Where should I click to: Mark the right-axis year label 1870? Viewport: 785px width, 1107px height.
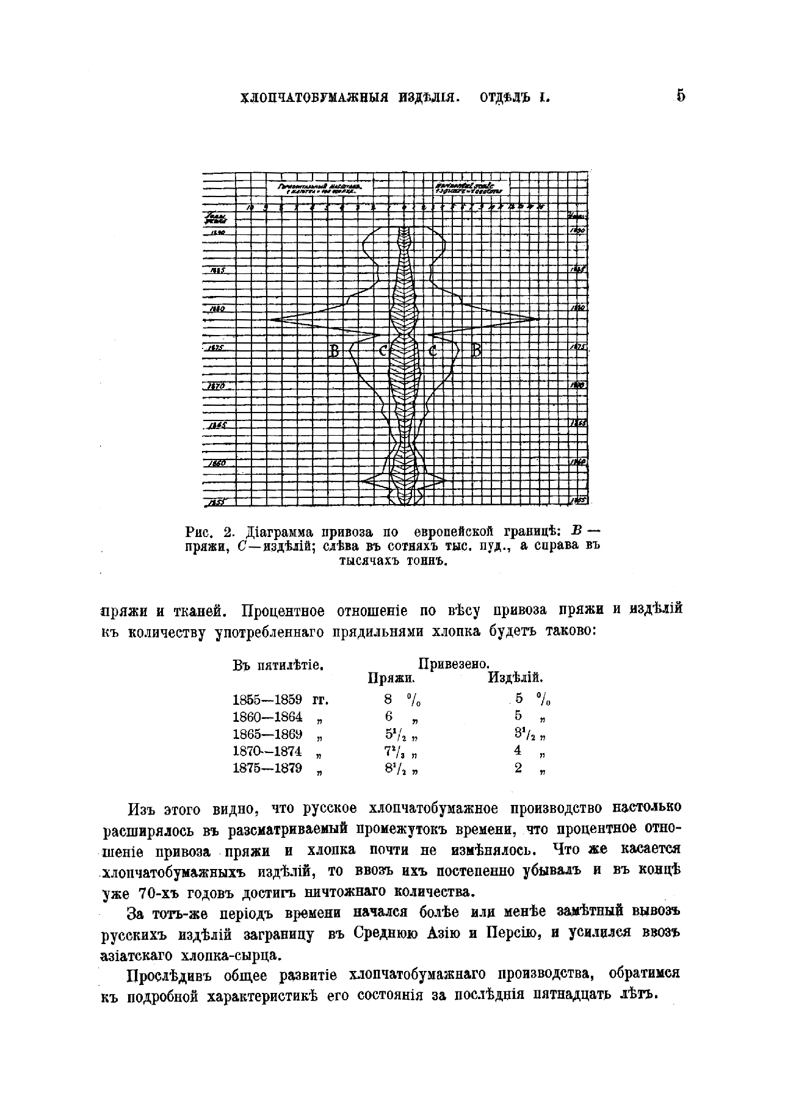click(x=577, y=385)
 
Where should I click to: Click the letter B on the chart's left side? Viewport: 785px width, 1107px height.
click(x=334, y=351)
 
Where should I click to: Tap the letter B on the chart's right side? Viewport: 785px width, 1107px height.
click(x=477, y=351)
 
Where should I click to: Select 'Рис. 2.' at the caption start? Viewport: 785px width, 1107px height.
click(x=211, y=530)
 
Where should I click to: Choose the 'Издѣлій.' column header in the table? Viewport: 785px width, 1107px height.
click(x=515, y=678)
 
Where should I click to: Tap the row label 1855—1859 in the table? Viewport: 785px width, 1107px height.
click(x=267, y=699)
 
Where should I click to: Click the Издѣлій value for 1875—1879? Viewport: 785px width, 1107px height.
click(x=518, y=769)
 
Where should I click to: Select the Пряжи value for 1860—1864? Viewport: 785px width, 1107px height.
click(x=389, y=717)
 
